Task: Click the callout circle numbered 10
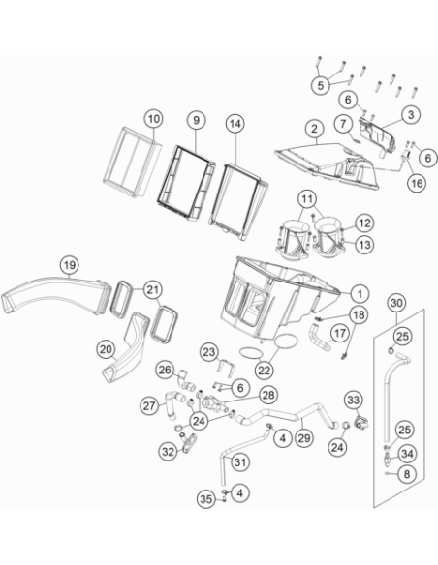pos(153,119)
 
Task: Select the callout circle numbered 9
pos(196,120)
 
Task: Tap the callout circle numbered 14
pos(235,124)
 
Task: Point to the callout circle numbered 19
pos(69,265)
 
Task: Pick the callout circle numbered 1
pos(360,294)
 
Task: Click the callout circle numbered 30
pos(396,303)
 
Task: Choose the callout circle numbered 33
pos(354,400)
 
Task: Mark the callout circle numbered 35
pos(206,499)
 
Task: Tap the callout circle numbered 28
pos(268,396)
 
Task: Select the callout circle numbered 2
pos(314,129)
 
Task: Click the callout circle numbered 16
pos(417,183)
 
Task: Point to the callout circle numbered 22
pos(265,371)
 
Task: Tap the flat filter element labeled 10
pos(132,163)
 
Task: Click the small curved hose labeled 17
pos(319,338)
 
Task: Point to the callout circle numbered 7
pos(343,124)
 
